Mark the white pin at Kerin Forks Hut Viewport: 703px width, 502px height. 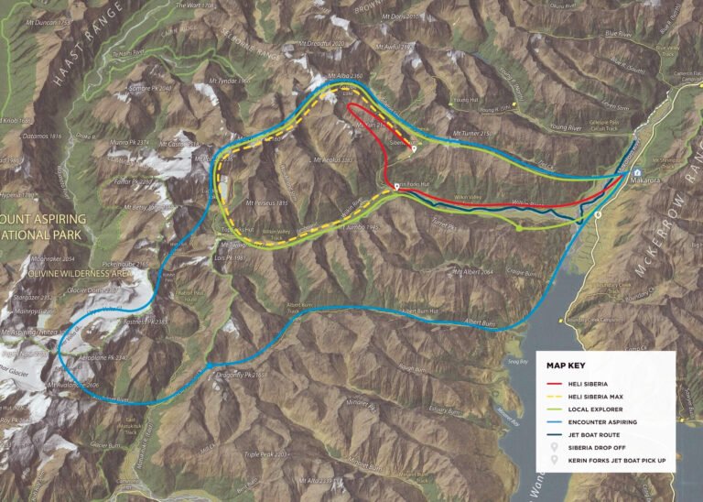tap(395, 186)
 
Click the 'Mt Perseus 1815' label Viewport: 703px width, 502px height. tap(267, 202)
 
